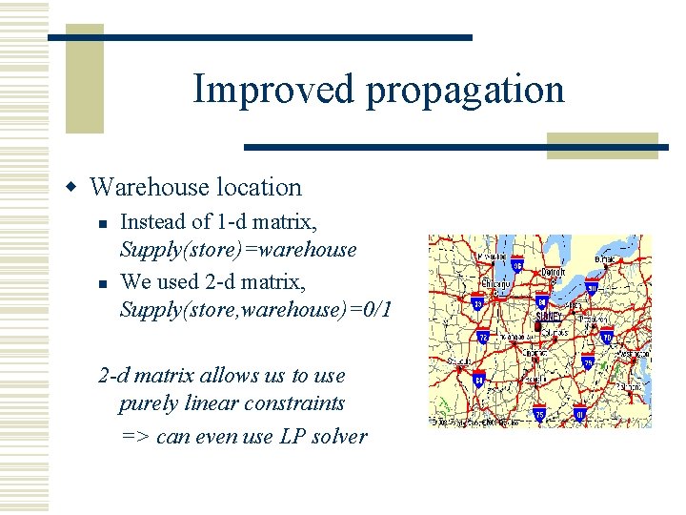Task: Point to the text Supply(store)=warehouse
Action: pyautogui.click(x=237, y=250)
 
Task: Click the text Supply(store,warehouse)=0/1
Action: pyautogui.click(x=256, y=309)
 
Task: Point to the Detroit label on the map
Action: pyautogui.click(x=554, y=273)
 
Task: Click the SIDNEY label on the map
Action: pyautogui.click(x=548, y=316)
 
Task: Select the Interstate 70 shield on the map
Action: pyautogui.click(x=607, y=337)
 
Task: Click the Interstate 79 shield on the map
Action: pyautogui.click(x=588, y=362)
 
